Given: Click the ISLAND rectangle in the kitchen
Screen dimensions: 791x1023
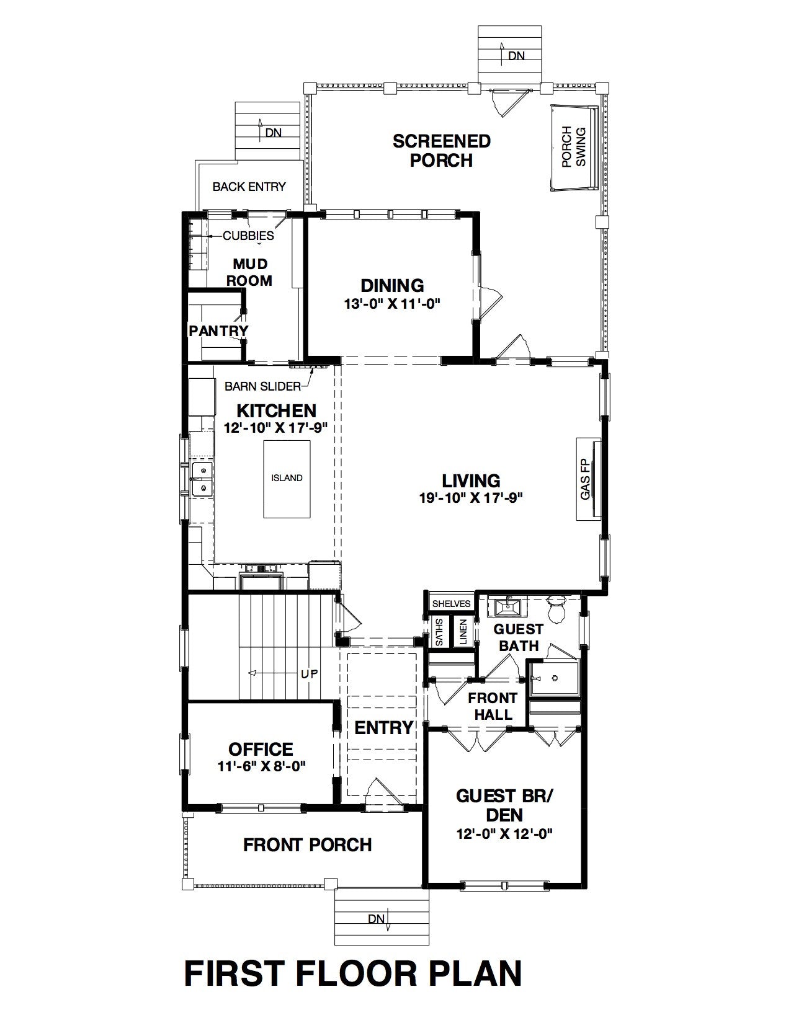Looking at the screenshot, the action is pyautogui.click(x=287, y=479).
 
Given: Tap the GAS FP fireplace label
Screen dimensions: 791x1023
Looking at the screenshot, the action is pyautogui.click(x=586, y=479).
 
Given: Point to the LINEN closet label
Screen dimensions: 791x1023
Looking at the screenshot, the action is pyautogui.click(x=463, y=632).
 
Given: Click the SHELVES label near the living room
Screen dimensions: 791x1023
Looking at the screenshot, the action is pyautogui.click(x=451, y=603).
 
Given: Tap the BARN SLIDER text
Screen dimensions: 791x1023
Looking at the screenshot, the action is pyautogui.click(x=262, y=386).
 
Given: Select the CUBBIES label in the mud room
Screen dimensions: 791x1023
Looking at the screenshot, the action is pyautogui.click(x=248, y=236).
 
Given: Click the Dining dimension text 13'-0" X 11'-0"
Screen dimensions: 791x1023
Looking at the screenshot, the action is pyautogui.click(x=392, y=304).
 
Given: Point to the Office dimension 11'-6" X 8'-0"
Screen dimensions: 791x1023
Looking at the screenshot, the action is pyautogui.click(x=261, y=766).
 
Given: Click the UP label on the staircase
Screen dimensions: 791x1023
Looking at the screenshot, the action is pyautogui.click(x=309, y=674).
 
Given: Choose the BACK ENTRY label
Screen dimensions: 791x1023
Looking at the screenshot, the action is pyautogui.click(x=249, y=187).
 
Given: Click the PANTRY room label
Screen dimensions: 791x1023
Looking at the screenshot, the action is pyautogui.click(x=218, y=331).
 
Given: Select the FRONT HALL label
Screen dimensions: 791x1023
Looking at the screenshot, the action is pyautogui.click(x=493, y=706).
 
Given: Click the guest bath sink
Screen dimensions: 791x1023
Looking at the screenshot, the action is pyautogui.click(x=507, y=606).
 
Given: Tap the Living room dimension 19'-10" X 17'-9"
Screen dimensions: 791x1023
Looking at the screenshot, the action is pyautogui.click(x=471, y=498).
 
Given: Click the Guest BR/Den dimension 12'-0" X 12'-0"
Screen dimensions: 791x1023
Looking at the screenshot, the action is pyautogui.click(x=504, y=848).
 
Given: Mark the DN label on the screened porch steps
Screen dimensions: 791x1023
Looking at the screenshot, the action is pyautogui.click(x=516, y=56).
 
